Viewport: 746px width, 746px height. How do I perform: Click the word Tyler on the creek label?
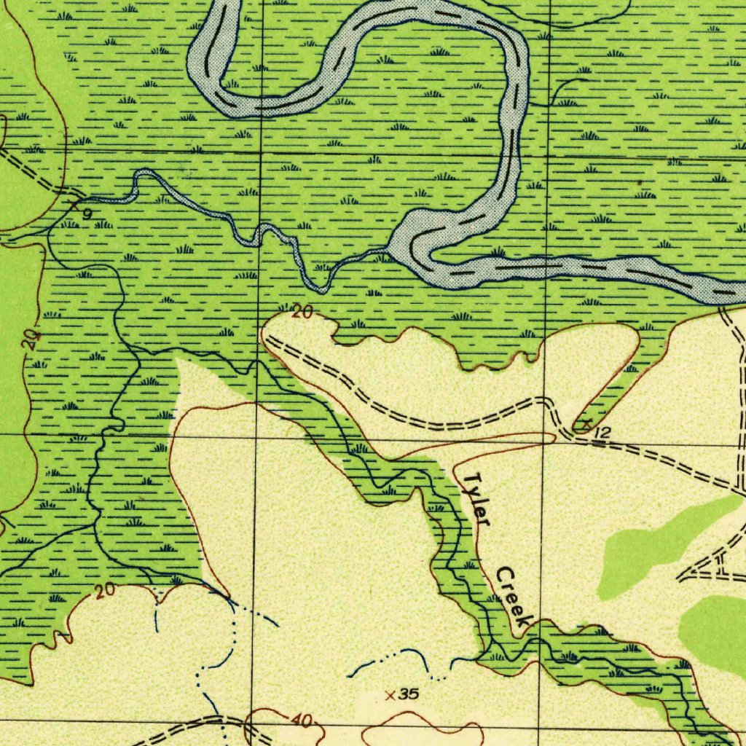click(478, 498)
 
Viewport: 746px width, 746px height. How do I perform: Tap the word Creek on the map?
click(514, 597)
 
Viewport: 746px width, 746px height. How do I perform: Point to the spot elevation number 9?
click(87, 214)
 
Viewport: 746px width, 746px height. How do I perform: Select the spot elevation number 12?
click(602, 433)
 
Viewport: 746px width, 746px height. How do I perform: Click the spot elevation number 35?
click(409, 694)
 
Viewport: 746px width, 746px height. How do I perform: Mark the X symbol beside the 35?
click(391, 696)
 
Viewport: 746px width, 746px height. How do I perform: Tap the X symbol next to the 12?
click(584, 423)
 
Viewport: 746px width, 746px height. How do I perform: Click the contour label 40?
click(302, 721)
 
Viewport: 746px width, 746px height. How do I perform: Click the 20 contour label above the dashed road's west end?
click(302, 313)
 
